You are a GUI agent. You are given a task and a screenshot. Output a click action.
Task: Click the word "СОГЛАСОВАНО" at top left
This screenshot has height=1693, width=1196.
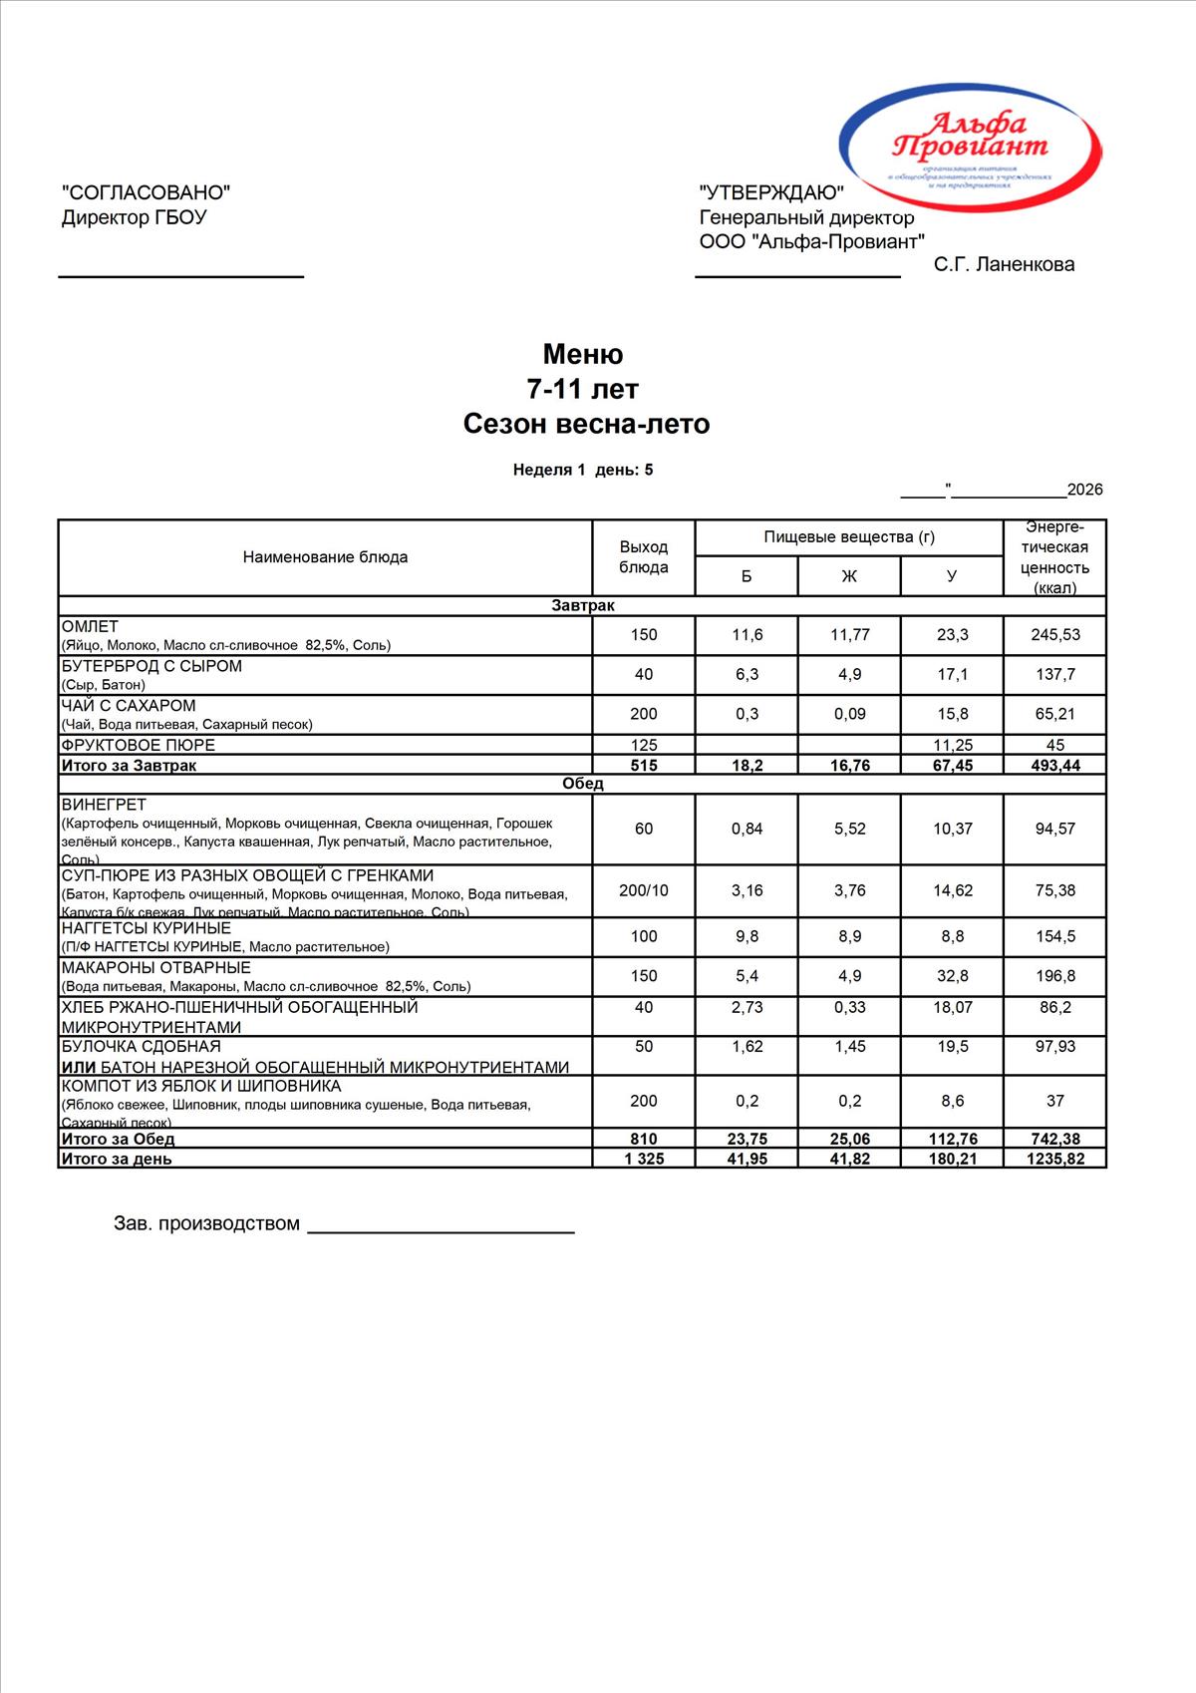146,192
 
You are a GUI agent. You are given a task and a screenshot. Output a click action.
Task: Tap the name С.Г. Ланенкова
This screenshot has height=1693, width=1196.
1004,264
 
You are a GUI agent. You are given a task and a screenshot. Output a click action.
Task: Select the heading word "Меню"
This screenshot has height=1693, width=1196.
583,354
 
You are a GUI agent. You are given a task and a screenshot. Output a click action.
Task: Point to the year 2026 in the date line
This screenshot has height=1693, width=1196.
1084,490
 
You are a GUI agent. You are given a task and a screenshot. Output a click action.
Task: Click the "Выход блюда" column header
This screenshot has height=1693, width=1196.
644,557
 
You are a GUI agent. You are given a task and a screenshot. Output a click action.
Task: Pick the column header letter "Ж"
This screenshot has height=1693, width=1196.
849,576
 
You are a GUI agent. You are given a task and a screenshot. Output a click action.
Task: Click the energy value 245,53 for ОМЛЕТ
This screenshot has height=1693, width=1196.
1054,635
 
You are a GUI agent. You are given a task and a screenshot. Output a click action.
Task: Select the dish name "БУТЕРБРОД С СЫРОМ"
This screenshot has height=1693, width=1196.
151,666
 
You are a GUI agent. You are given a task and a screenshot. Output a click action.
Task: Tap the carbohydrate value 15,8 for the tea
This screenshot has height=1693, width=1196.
952,714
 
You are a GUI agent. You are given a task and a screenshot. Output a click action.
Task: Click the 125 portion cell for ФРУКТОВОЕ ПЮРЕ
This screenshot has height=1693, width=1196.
644,745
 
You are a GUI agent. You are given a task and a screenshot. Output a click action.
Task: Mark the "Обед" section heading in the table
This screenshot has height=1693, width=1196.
583,784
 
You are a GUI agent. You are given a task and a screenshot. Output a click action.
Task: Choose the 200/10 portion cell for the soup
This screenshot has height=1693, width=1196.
644,890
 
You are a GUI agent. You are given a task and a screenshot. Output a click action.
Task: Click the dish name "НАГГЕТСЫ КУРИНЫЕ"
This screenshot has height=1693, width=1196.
146,928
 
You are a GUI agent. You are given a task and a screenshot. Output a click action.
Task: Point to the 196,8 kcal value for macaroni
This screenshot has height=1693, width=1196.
1054,976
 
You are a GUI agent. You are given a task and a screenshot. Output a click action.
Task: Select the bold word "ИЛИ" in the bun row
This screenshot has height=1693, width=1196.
79,1068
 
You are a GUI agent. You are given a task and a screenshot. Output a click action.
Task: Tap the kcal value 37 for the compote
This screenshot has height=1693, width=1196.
1054,1101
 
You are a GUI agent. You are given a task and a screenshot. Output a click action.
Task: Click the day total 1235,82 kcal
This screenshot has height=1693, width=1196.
1054,1159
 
